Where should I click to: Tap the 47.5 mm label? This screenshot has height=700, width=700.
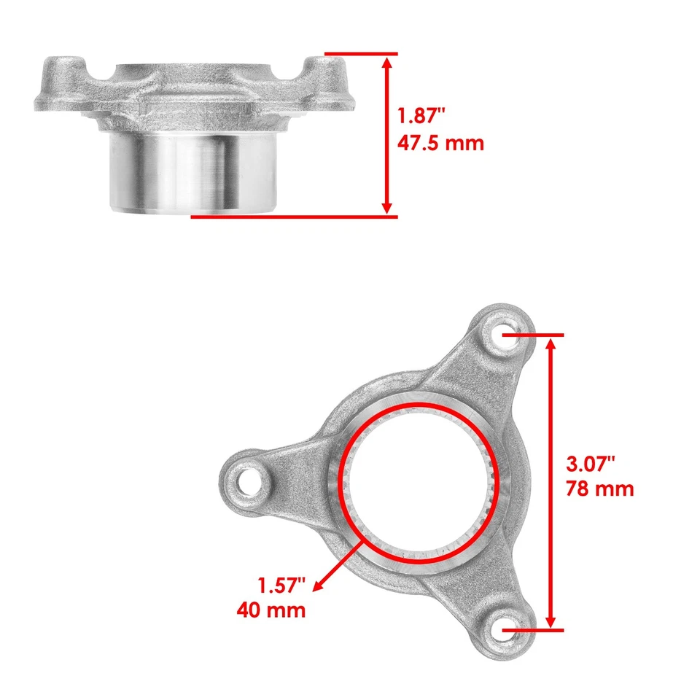[x=440, y=143]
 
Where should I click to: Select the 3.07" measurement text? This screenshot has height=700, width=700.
[x=591, y=462]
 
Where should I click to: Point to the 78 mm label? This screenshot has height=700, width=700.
[x=599, y=489]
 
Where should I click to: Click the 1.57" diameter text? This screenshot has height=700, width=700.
[x=281, y=583]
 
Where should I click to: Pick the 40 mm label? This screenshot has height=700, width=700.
[x=271, y=610]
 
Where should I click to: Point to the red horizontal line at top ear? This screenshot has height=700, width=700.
[x=361, y=54]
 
